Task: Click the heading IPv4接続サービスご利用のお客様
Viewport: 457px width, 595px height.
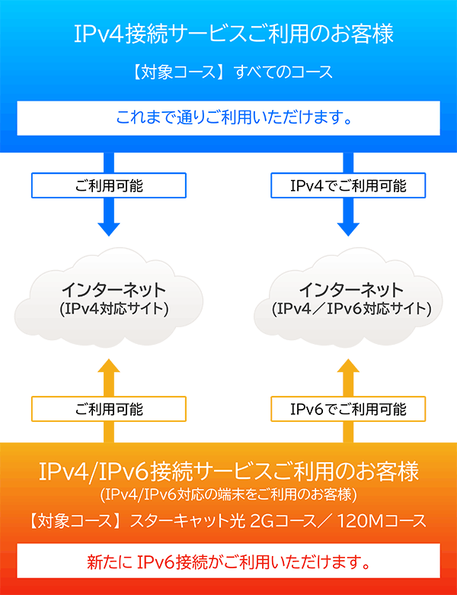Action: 228,35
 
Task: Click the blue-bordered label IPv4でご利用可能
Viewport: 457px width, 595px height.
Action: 348,185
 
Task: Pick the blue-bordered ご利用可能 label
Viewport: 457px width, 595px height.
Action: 109,185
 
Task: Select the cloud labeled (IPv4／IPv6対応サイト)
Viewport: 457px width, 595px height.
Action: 350,299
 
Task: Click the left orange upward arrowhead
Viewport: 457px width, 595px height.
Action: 109,369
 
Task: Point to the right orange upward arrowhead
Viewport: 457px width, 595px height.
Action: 348,369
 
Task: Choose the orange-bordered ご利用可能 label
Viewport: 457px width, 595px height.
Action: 109,410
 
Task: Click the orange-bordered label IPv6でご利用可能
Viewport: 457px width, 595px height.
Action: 348,410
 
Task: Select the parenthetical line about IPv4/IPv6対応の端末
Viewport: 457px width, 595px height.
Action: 228,494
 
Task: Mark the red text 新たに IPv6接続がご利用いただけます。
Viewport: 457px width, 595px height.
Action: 228,564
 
